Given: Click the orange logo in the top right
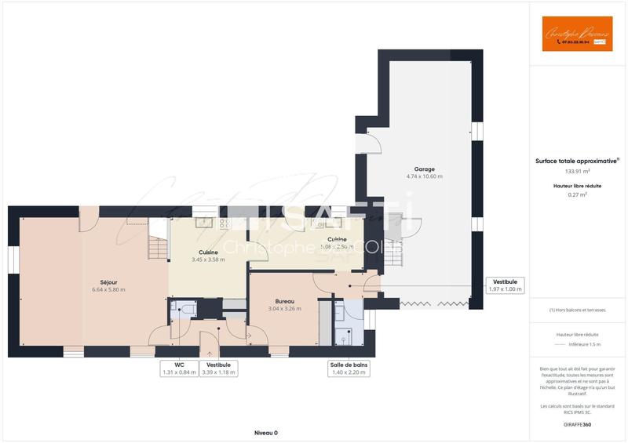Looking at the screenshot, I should pyautogui.click(x=577, y=34).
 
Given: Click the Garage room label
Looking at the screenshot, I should pyautogui.click(x=424, y=169).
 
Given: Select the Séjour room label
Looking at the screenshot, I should pyautogui.click(x=108, y=282).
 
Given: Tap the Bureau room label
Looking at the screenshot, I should pyautogui.click(x=284, y=301).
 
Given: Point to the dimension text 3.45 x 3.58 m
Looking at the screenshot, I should pyautogui.click(x=208, y=260).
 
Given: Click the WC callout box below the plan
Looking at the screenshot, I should pyautogui.click(x=179, y=369).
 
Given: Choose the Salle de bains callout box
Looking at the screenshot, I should pyautogui.click(x=349, y=369).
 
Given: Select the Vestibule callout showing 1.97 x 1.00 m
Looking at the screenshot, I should pyautogui.click(x=506, y=285).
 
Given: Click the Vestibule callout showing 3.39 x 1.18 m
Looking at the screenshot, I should pyautogui.click(x=218, y=369).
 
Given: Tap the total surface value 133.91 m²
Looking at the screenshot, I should pyautogui.click(x=578, y=171).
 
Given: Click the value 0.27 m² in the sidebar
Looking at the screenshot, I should pyautogui.click(x=578, y=195).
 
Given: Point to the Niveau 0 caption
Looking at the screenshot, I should pyautogui.click(x=265, y=433).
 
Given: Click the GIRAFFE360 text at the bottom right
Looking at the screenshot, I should pyautogui.click(x=578, y=424).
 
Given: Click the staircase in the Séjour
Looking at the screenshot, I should pyautogui.click(x=158, y=248).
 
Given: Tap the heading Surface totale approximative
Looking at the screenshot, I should pyautogui.click(x=577, y=160).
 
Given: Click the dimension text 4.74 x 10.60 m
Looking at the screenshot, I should pyautogui.click(x=424, y=176).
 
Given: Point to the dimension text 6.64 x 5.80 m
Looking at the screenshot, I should pyautogui.click(x=108, y=289).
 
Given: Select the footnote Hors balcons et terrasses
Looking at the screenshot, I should pyautogui.click(x=578, y=310).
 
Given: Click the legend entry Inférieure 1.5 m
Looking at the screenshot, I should pyautogui.click(x=585, y=343).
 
